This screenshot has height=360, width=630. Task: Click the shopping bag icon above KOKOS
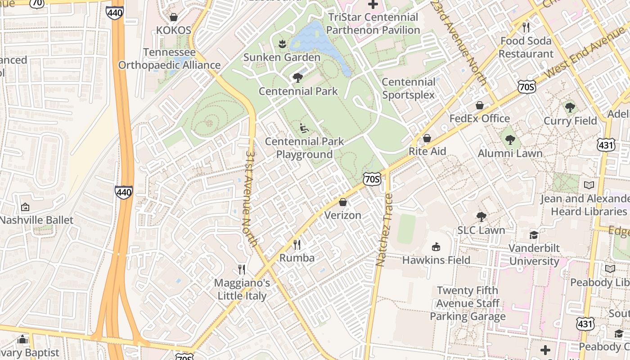(173, 17)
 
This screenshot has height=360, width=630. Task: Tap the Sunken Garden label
(282, 57)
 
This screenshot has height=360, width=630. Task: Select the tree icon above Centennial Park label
(297, 78)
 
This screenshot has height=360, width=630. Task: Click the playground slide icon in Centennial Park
(305, 128)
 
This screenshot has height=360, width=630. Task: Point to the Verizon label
(343, 215)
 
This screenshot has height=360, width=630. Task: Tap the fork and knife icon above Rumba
(297, 245)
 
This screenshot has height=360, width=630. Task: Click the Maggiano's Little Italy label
(242, 289)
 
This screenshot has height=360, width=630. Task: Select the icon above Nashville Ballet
(25, 207)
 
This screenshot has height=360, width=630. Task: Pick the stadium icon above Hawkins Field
(436, 247)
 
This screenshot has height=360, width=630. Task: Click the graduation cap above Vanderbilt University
(534, 235)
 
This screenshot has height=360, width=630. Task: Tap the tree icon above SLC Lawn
(481, 217)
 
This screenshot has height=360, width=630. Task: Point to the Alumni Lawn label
(510, 153)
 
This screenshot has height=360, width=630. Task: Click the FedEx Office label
(480, 118)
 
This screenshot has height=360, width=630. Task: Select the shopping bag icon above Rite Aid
(427, 138)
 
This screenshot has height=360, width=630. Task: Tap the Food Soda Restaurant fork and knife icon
(526, 27)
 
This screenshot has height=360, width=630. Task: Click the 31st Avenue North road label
(251, 198)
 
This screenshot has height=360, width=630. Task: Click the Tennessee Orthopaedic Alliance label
(169, 58)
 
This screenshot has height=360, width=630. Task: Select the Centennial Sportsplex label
(409, 88)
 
